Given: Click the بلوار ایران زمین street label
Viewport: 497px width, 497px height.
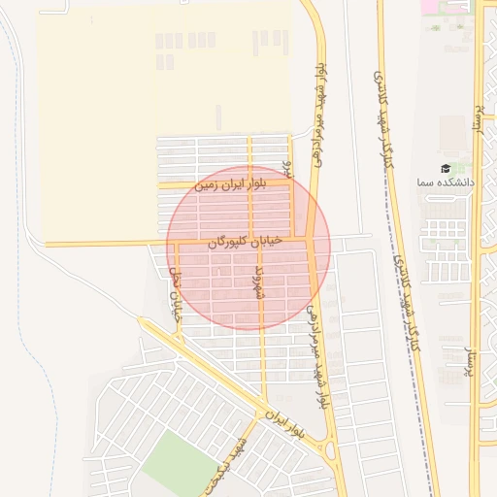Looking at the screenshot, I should pyautogui.click(x=229, y=182).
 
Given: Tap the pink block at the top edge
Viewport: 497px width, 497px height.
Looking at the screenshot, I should pyautogui.click(x=428, y=6).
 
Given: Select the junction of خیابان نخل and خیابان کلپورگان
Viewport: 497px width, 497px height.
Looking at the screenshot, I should pyautogui.click(x=177, y=243).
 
